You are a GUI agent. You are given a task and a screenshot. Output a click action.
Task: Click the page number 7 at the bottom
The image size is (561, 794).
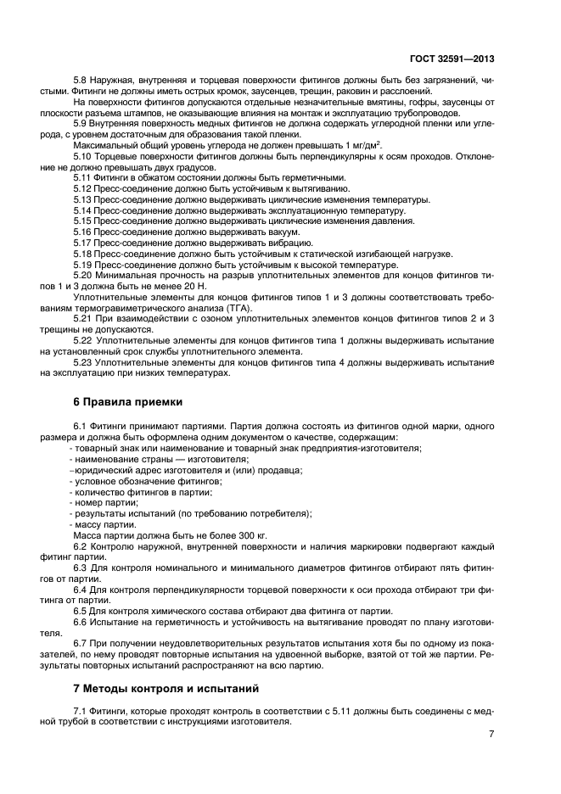coord(491,735)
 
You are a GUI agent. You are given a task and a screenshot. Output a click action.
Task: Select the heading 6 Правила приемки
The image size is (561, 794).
coord(122,401)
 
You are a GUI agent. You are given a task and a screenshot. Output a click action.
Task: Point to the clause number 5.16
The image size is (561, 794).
coord(85,232)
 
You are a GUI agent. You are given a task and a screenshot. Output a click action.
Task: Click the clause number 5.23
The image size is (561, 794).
coord(85,364)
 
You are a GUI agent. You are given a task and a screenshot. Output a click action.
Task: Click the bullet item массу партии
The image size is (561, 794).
coord(106,525)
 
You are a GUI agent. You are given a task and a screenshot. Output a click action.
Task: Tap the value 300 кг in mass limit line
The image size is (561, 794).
coord(250,536)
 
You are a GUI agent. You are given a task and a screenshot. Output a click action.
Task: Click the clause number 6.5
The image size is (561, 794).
coord(82,611)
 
